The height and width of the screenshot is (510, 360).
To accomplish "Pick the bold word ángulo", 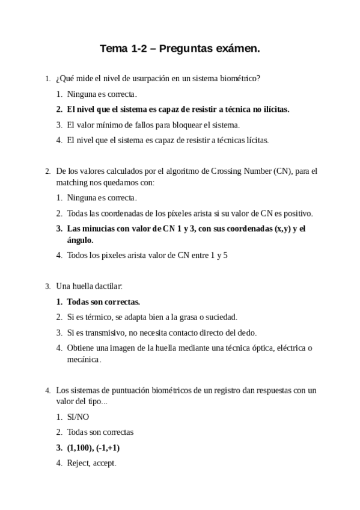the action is (x=83, y=239).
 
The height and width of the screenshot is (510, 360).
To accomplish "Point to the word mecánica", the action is (x=84, y=359).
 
